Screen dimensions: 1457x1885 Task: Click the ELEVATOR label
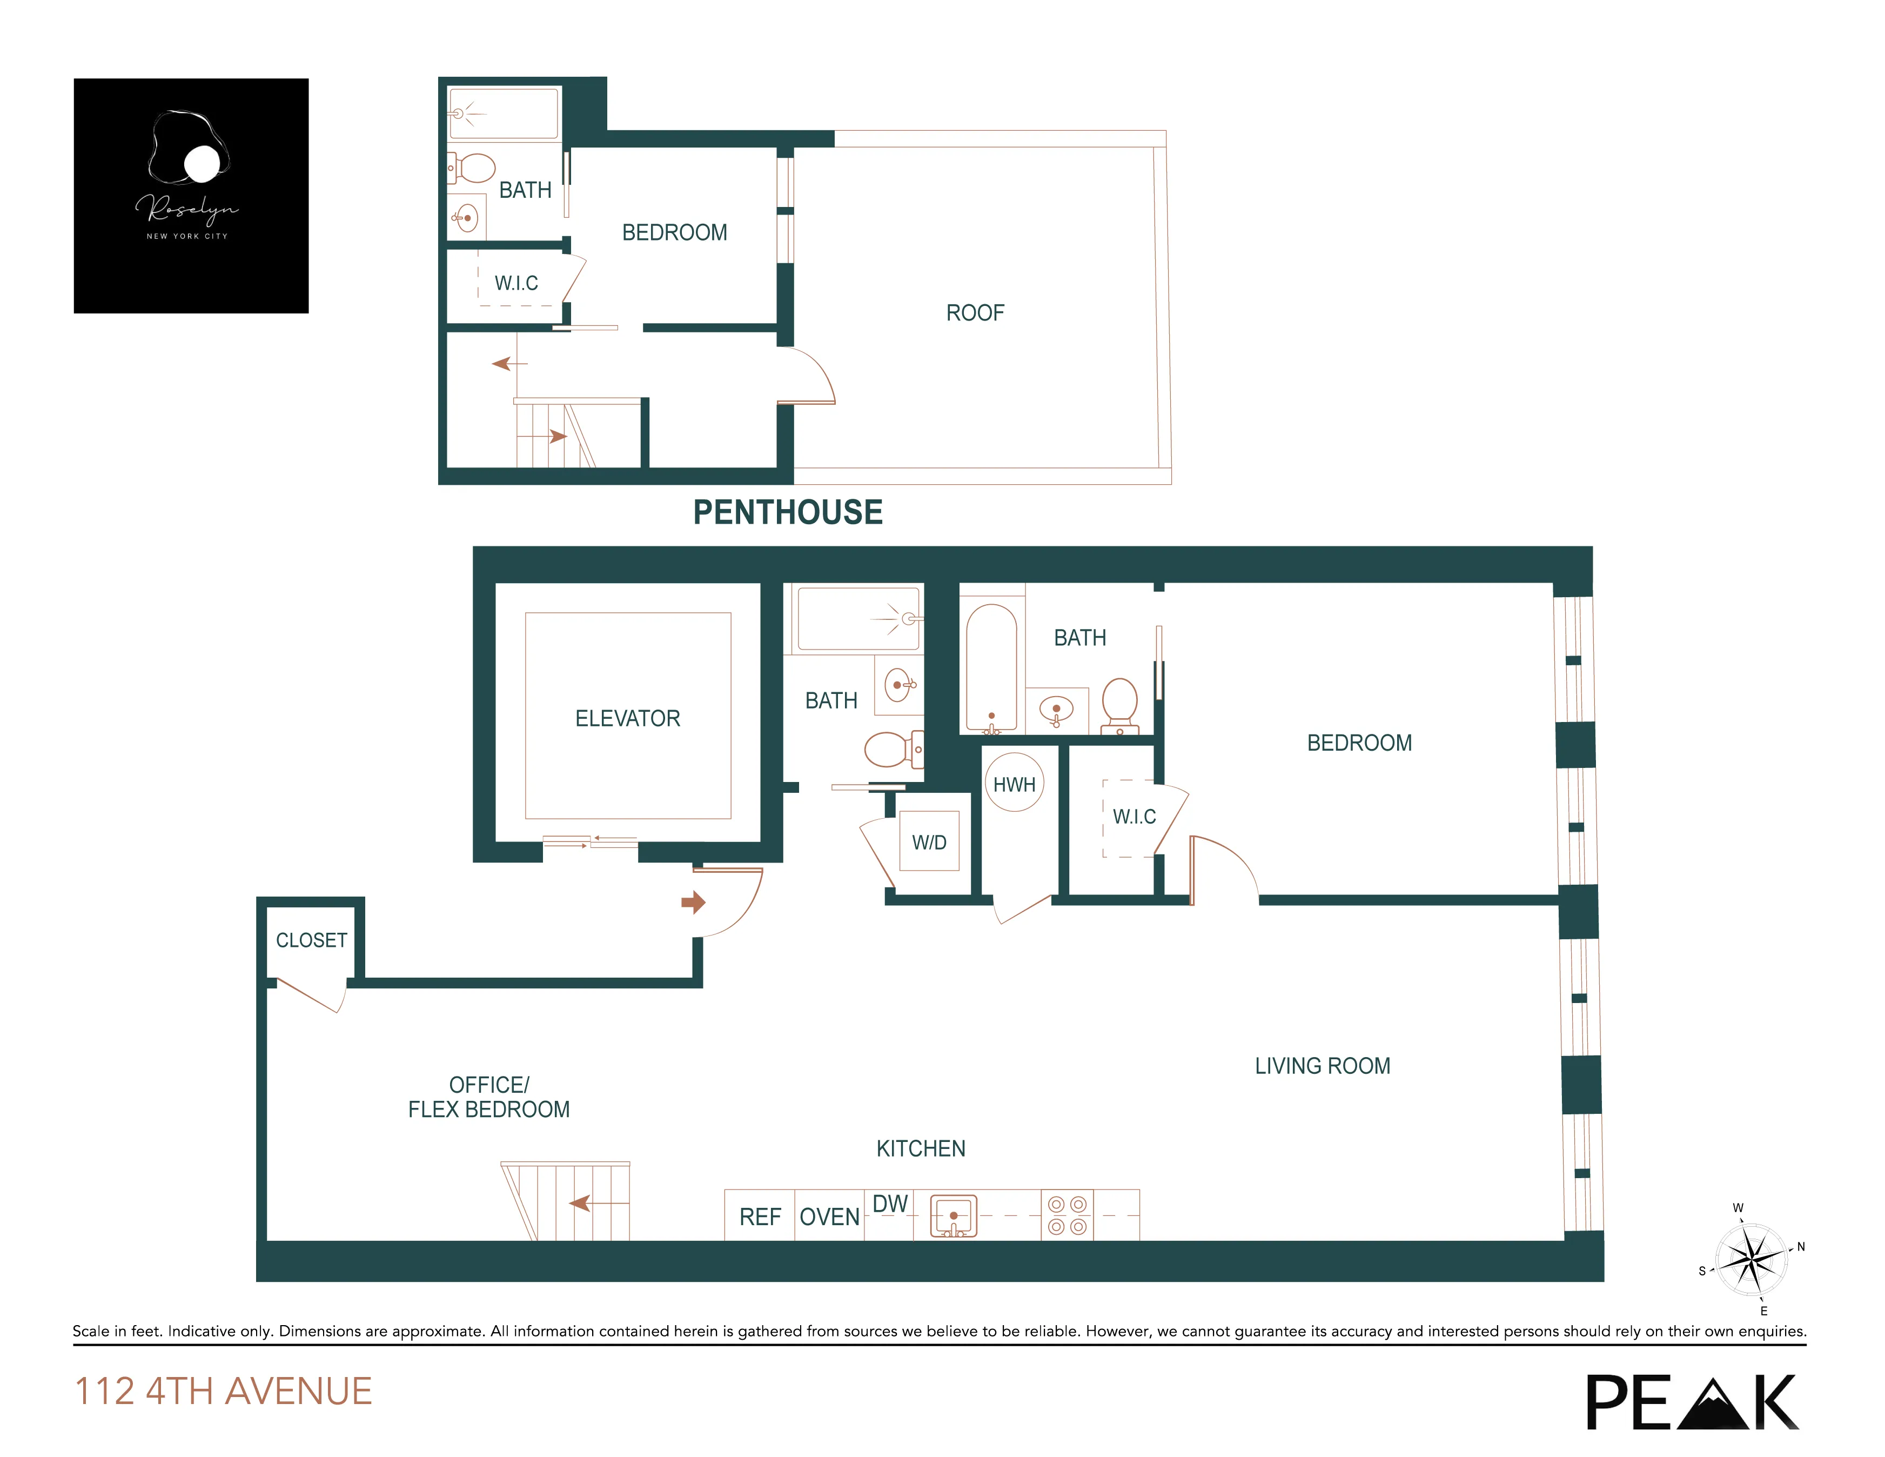pos(627,718)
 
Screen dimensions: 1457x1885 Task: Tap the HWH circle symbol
pos(1014,783)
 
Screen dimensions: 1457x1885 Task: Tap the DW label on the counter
pos(890,1203)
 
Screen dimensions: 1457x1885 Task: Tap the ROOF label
pos(975,312)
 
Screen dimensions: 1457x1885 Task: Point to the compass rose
pos(1751,1259)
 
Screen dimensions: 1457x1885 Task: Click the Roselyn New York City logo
pos(191,196)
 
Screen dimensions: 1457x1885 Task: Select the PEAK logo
pos(1692,1402)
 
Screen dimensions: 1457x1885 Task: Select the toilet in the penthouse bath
pos(472,168)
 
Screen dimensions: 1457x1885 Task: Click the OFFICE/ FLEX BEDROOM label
pos(488,1097)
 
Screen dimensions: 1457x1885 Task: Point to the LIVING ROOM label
pos(1322,1066)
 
